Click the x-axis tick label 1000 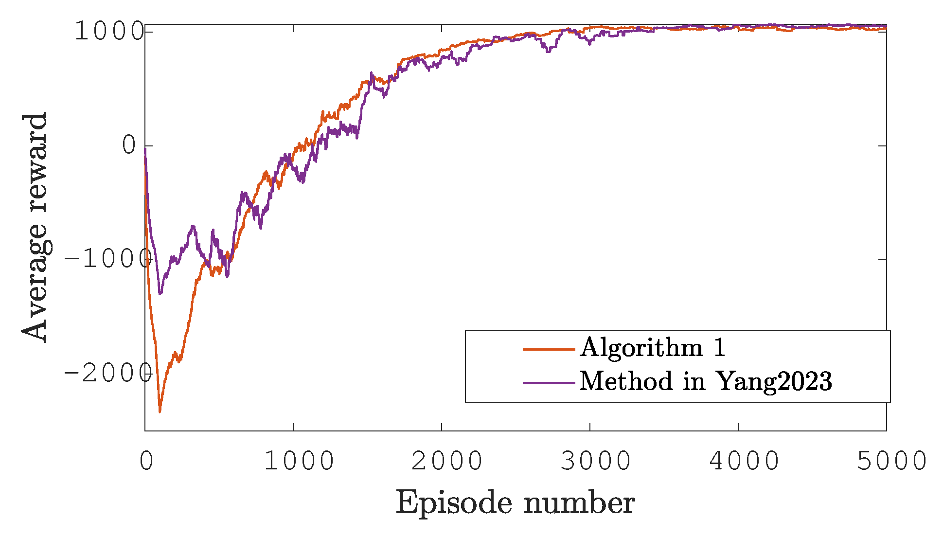pyautogui.click(x=299, y=461)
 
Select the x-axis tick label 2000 pyautogui.click(x=447, y=461)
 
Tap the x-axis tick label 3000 pyautogui.click(x=595, y=461)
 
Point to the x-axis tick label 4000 pyautogui.click(x=744, y=461)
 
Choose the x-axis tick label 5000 pyautogui.click(x=891, y=461)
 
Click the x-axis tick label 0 pyautogui.click(x=146, y=461)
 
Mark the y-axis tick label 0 pyautogui.click(x=130, y=145)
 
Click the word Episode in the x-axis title pyautogui.click(x=454, y=503)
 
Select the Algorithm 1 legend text pyautogui.click(x=652, y=347)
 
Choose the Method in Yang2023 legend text pyautogui.click(x=705, y=381)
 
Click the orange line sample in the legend pyautogui.click(x=549, y=349)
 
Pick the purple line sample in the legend pyautogui.click(x=549, y=383)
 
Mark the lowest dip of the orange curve pyautogui.click(x=160, y=412)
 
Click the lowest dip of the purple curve pyautogui.click(x=160, y=293)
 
